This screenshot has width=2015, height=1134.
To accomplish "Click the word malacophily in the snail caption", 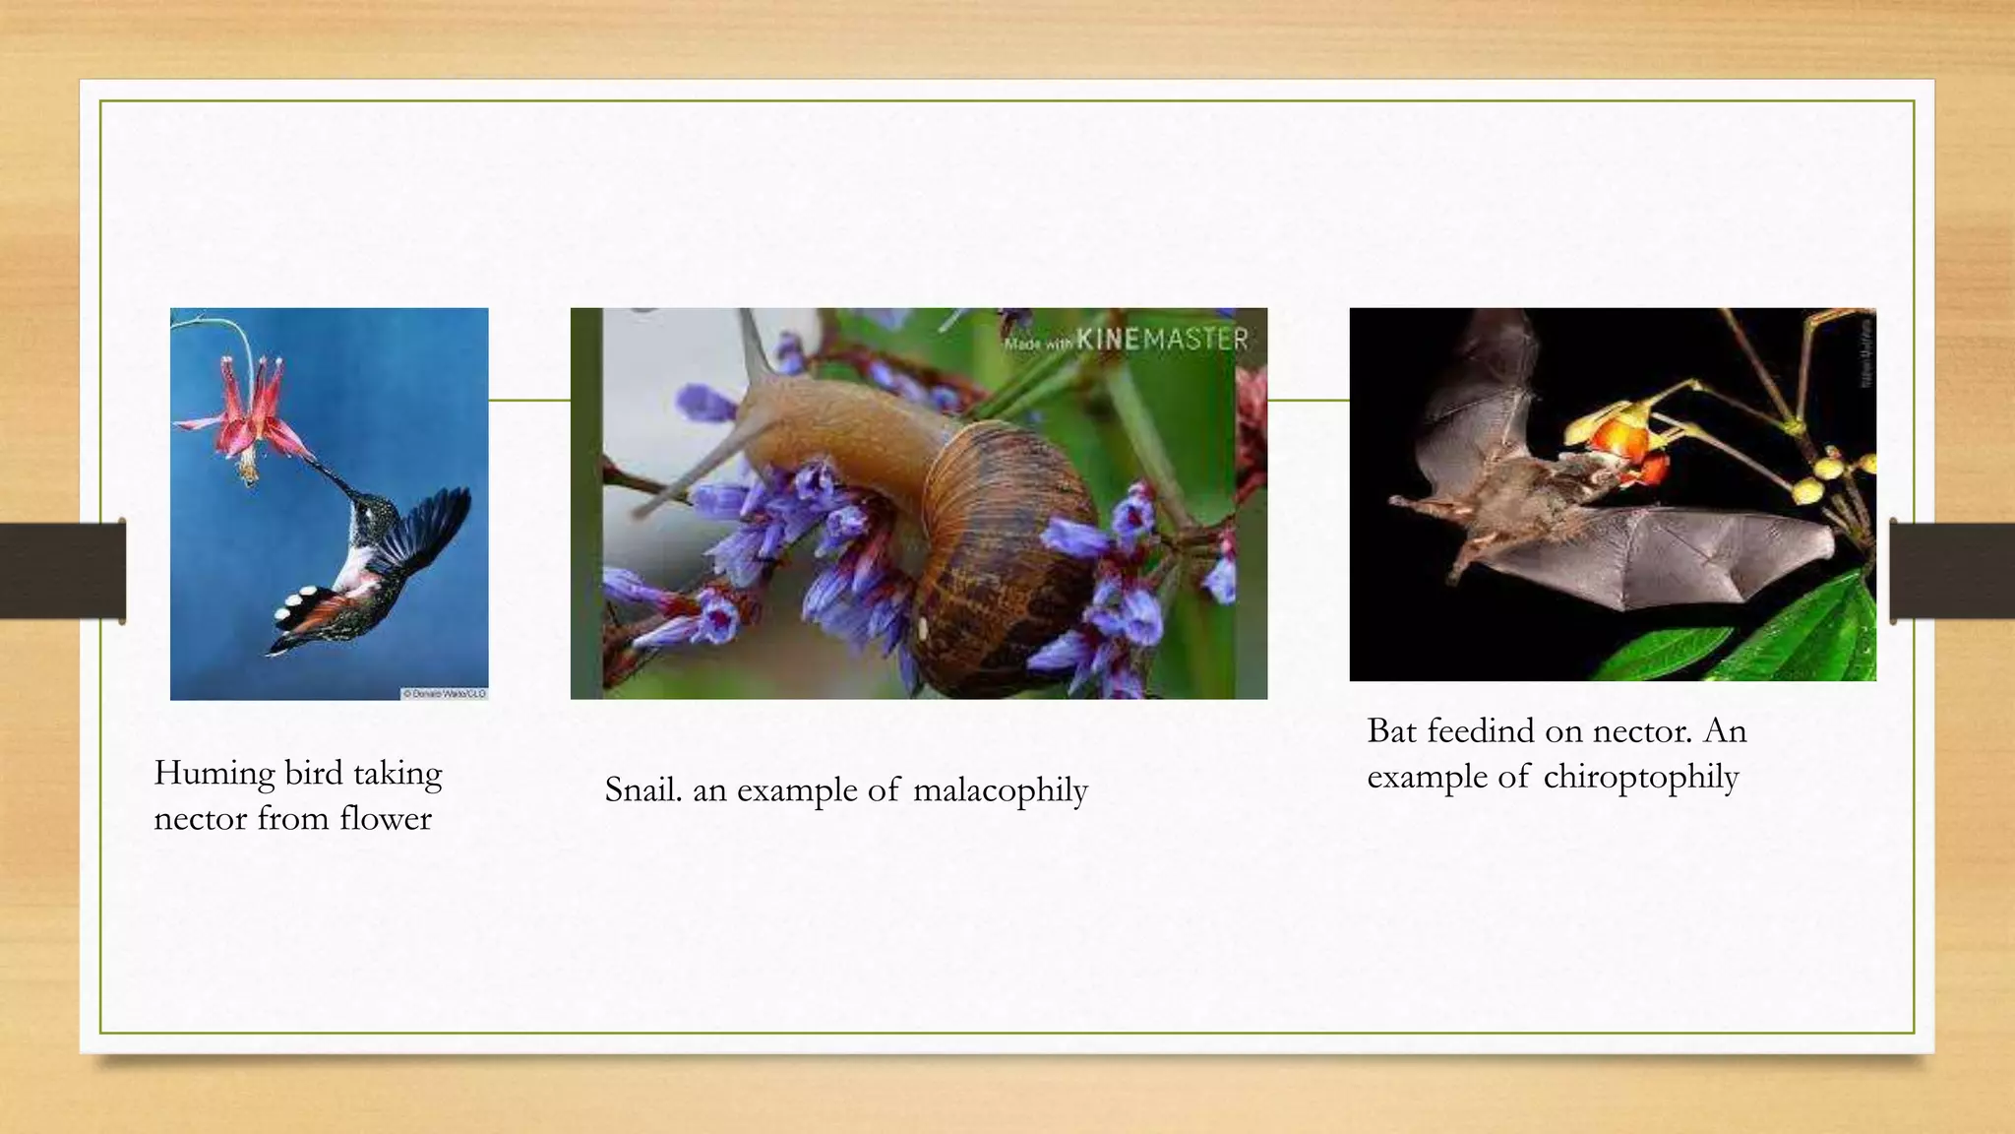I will (x=1000, y=790).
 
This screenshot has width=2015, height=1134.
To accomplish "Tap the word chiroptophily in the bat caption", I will (x=1640, y=778).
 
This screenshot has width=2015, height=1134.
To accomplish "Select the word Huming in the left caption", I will (x=214, y=774).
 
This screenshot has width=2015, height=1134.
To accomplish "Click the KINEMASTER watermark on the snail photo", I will (x=1126, y=341).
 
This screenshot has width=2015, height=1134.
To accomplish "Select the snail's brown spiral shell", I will (x=1004, y=551).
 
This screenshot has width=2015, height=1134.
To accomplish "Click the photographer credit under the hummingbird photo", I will (x=444, y=694).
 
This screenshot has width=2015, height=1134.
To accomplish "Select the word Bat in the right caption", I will (x=1391, y=731).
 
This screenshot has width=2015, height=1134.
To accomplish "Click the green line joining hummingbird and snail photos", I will (x=529, y=401).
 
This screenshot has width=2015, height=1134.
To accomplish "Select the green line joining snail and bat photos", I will (x=1308, y=401).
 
